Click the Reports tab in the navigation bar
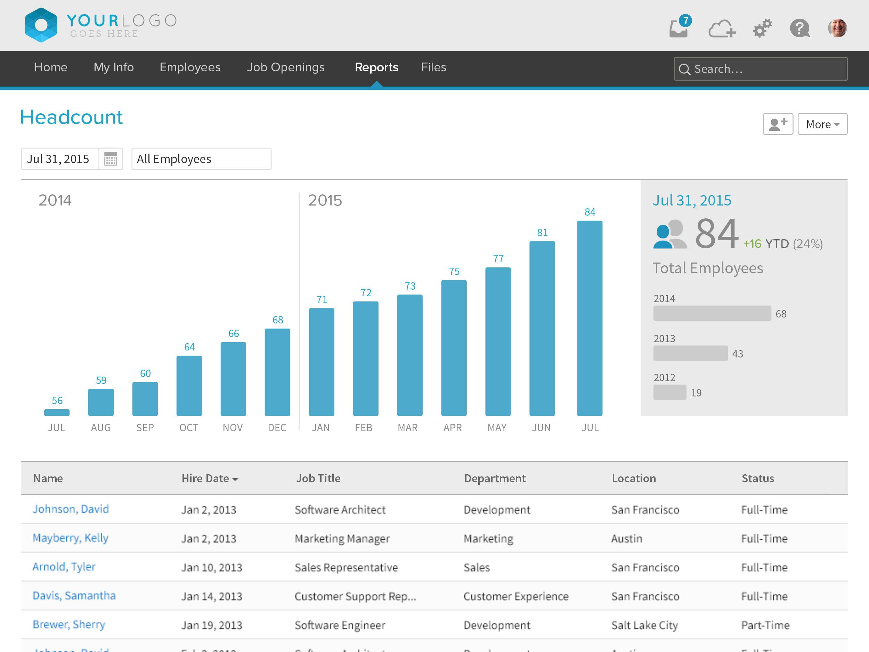pos(376,67)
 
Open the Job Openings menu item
pos(286,67)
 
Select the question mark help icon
pos(799,28)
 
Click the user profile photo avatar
pos(837,28)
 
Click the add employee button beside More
pos(778,124)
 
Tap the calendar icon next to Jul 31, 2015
pos(111,159)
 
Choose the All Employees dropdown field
pos(201,159)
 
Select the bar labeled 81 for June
pos(542,328)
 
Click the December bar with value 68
pos(277,372)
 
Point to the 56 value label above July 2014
pos(57,401)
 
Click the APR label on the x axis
pos(453,428)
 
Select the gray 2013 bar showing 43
pos(690,353)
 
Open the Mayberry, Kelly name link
pos(70,538)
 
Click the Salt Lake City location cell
pos(644,625)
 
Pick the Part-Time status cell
pos(765,625)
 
